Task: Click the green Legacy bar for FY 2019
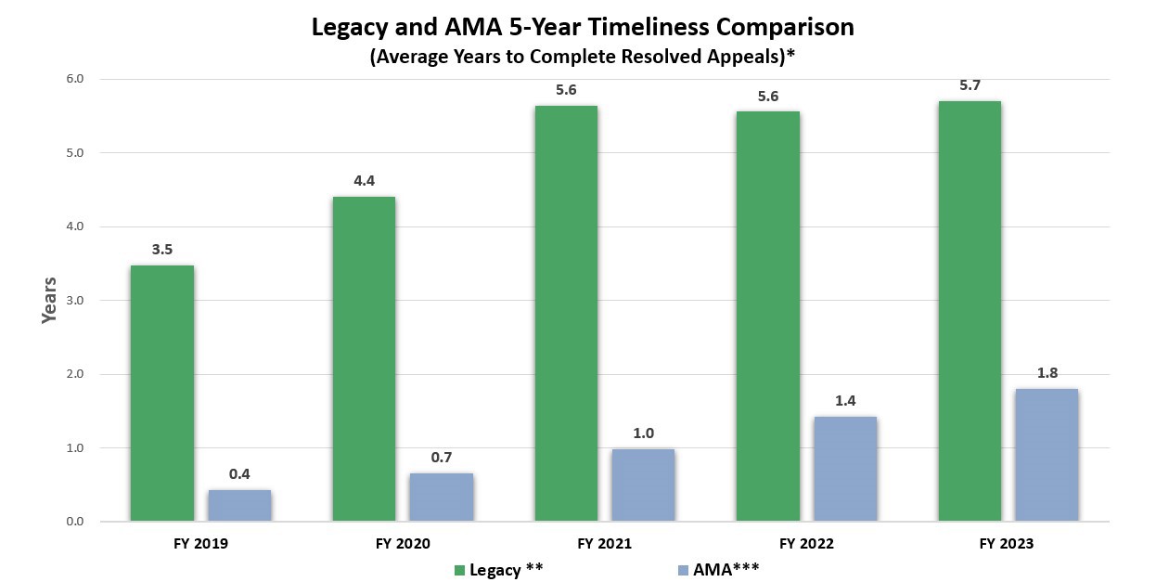(162, 394)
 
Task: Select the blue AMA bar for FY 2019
(239, 506)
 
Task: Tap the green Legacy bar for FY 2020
(364, 359)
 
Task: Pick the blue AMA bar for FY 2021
(643, 485)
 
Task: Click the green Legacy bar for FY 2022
(767, 317)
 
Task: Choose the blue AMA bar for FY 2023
(1047, 455)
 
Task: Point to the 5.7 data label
(970, 85)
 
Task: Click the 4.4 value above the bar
(364, 181)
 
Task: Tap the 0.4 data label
(239, 474)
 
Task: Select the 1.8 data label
(1047, 373)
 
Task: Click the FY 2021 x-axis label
(604, 544)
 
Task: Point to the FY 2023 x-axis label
(1008, 544)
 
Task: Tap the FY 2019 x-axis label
(200, 544)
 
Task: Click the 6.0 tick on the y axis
(75, 79)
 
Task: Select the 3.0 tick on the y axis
(75, 301)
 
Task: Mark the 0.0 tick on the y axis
(75, 523)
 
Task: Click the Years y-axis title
(50, 300)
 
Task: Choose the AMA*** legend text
(726, 570)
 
